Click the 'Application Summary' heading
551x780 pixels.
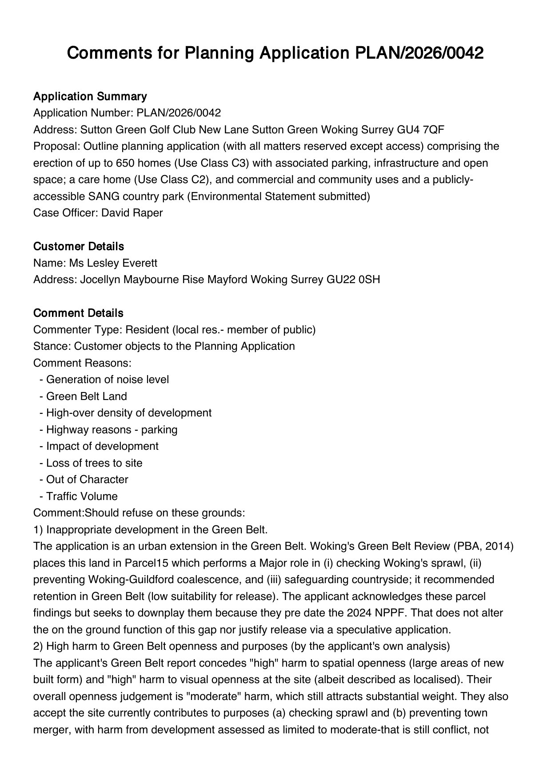90,96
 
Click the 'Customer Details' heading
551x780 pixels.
79,246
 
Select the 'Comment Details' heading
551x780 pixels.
78,313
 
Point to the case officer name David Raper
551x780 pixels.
132,213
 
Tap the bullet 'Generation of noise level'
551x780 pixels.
107,380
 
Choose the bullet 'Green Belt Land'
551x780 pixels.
86,396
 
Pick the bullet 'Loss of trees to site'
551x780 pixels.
94,463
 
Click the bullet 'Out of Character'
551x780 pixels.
87,480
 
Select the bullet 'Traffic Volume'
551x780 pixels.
82,496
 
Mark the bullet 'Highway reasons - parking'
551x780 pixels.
112,430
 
